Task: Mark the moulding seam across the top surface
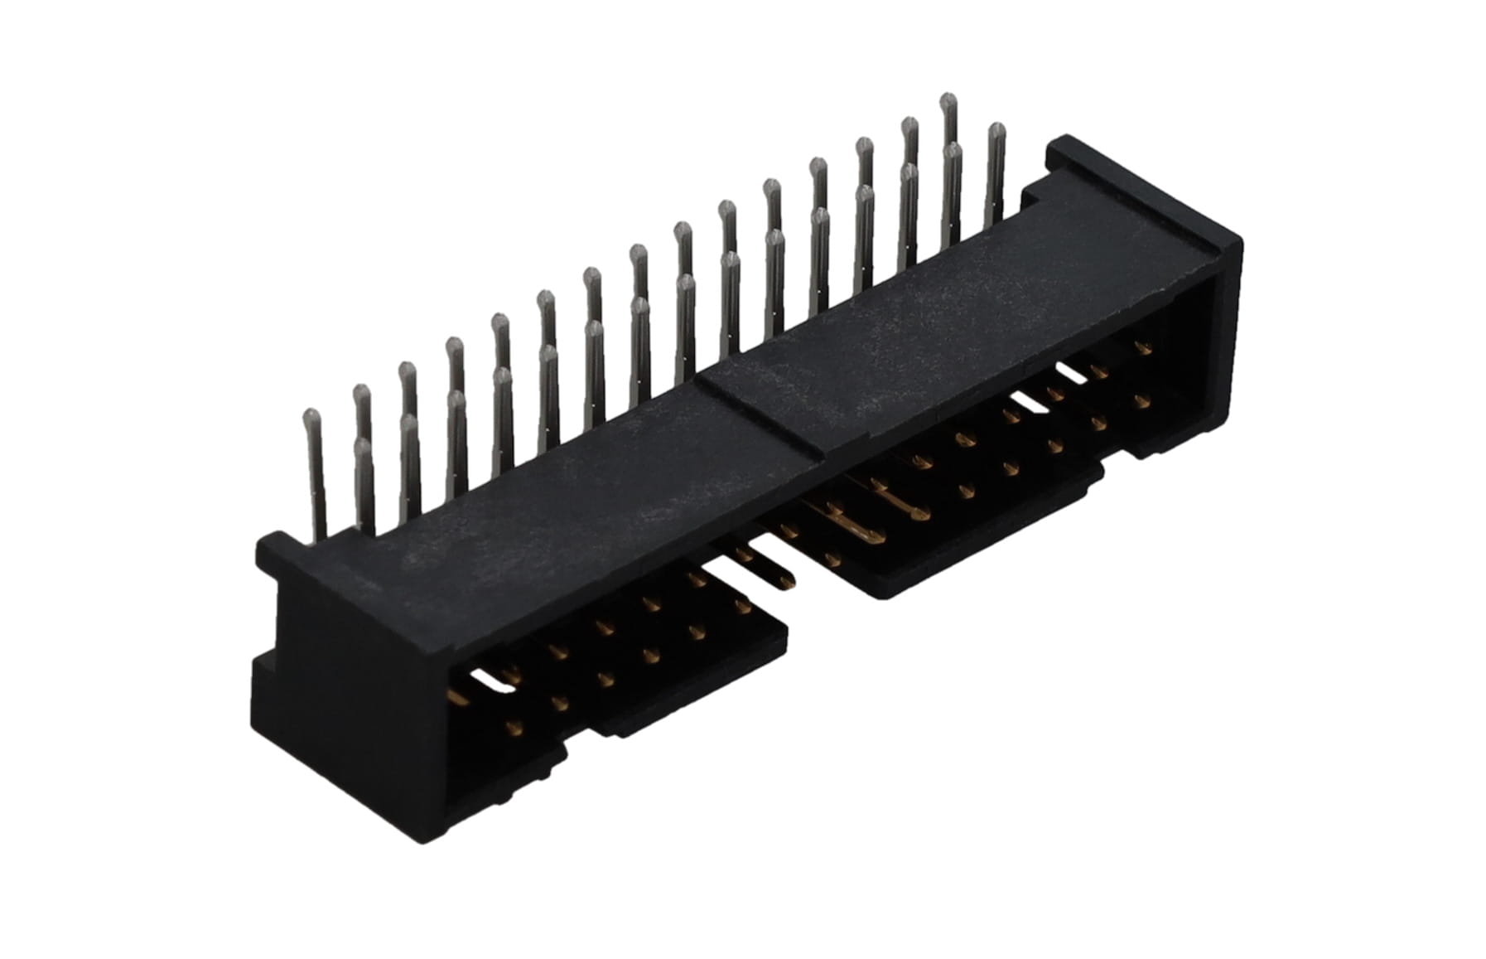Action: pyautogui.click(x=762, y=414)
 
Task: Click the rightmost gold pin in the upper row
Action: pyautogui.click(x=1144, y=350)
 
